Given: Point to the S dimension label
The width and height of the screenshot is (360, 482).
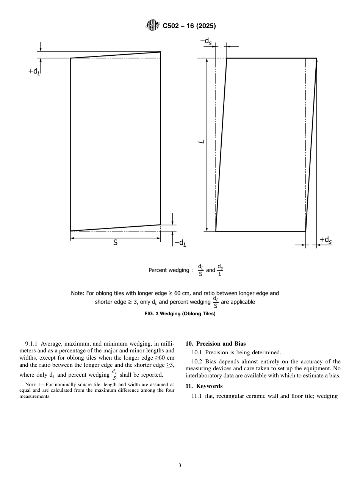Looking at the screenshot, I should click(115, 243).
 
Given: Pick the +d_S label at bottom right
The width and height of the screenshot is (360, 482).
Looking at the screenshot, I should click(326, 239).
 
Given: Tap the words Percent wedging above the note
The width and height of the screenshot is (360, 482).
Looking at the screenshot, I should click(168, 270).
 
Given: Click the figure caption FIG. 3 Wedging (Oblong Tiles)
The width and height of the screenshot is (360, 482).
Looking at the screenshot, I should click(180, 314).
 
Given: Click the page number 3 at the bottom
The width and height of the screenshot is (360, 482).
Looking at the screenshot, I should click(180, 466).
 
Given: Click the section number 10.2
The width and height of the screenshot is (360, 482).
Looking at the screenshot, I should click(197, 361).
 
